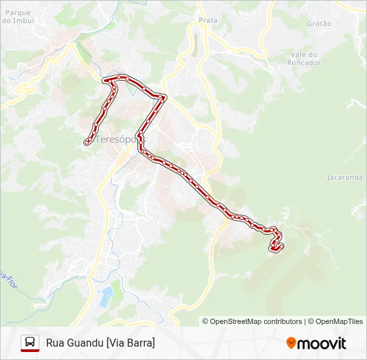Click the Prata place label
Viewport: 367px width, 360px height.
[x=208, y=21]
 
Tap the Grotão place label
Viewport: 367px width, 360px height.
[x=319, y=23]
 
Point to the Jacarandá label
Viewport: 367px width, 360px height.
[x=344, y=178]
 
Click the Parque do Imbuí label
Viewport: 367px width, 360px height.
[x=19, y=16]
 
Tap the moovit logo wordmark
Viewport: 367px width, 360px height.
[x=322, y=343]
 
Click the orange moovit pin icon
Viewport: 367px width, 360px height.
[x=291, y=343]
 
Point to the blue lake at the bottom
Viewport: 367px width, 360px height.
[x=106, y=296]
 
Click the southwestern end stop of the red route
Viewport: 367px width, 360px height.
[x=87, y=142]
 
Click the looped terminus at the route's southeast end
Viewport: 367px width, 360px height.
[x=276, y=247]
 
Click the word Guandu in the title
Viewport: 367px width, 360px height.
[x=85, y=343]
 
